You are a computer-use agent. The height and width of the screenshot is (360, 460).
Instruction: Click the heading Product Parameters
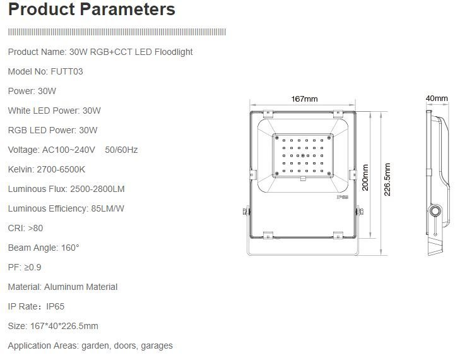(91, 9)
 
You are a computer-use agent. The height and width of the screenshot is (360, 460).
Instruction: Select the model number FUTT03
(67, 71)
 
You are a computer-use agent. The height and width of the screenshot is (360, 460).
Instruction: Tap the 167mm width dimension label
(304, 99)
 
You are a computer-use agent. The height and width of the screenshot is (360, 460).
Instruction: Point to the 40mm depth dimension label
(437, 99)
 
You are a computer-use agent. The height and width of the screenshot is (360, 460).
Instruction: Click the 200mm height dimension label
(365, 177)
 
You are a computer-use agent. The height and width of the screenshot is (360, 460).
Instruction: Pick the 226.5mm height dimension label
(387, 180)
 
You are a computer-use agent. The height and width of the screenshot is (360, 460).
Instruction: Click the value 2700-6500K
(61, 169)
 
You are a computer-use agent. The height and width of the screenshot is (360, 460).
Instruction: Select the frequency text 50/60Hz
(121, 150)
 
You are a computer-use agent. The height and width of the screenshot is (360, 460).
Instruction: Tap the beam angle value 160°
(70, 248)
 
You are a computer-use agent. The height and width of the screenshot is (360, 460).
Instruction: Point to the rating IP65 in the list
(55, 306)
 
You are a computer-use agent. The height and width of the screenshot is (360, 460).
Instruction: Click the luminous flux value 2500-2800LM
(97, 189)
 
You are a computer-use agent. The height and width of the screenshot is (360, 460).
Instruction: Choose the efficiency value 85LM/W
(108, 208)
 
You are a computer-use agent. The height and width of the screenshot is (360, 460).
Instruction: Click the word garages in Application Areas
(156, 345)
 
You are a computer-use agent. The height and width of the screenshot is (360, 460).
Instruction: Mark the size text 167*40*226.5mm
(64, 326)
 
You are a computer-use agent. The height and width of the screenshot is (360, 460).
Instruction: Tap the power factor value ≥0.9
(33, 267)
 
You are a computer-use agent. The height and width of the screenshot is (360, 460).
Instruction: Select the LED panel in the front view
(303, 155)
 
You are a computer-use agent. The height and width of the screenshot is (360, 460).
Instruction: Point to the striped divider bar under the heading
(117, 32)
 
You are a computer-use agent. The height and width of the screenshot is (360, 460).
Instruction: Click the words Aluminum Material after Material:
(81, 287)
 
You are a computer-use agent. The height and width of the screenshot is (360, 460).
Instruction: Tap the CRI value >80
(35, 228)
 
